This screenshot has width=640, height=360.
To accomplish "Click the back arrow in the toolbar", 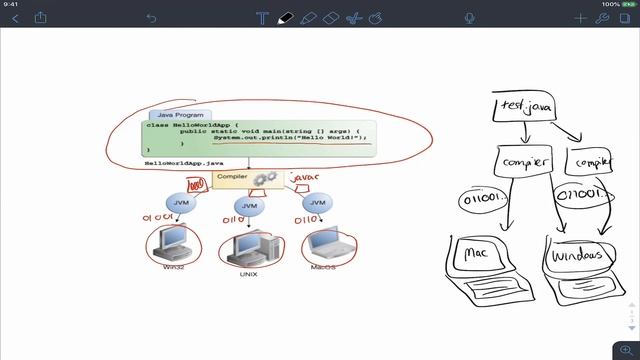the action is click(x=15, y=18).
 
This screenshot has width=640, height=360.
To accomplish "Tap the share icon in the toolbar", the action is click(x=41, y=18).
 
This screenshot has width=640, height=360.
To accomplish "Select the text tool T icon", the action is click(x=262, y=18).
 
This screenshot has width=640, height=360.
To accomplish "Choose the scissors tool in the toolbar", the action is click(x=353, y=18).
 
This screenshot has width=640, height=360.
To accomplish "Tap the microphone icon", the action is click(x=470, y=18).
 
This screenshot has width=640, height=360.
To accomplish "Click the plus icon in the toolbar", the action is click(x=581, y=18).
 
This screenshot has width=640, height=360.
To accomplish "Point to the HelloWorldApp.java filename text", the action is click(x=184, y=162).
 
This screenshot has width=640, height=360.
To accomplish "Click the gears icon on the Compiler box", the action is click(x=264, y=179).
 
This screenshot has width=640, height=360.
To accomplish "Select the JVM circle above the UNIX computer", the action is click(x=250, y=205).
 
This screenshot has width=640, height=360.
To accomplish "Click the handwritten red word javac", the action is click(x=304, y=178).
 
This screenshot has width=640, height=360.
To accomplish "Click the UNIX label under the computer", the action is click(x=249, y=273).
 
